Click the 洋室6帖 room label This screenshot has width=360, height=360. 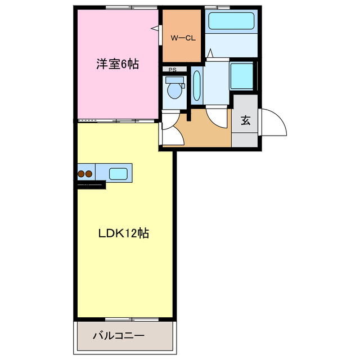click(116, 64)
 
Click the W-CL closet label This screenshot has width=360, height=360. click(182, 38)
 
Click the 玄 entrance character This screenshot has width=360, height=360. click(246, 120)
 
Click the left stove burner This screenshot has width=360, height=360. click(81, 174)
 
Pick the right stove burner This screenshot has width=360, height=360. click(89, 174)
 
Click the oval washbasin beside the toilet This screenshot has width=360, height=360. click(196, 85)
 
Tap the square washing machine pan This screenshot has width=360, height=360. click(242, 76)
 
